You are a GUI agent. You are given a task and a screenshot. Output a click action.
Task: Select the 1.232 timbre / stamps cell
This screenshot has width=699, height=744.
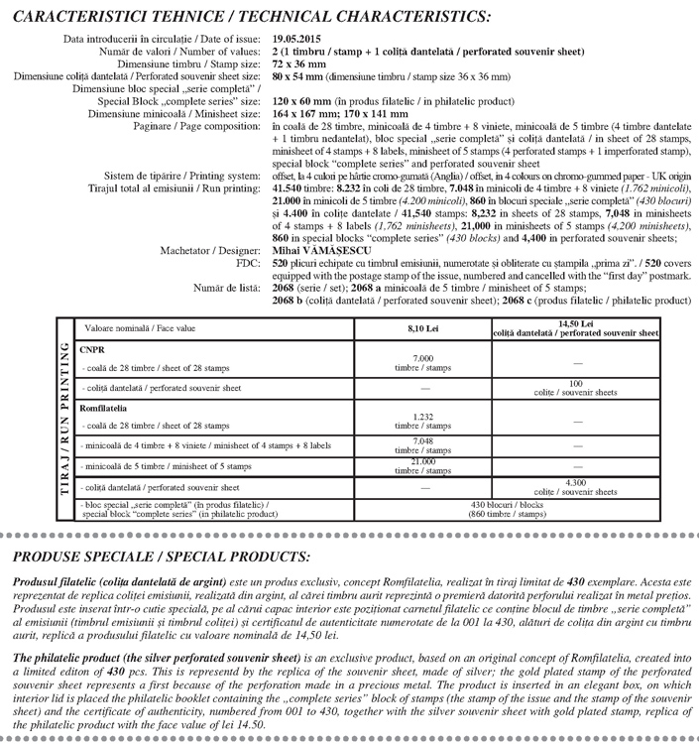click(x=422, y=421)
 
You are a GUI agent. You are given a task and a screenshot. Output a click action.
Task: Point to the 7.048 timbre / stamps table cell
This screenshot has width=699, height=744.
click(x=422, y=442)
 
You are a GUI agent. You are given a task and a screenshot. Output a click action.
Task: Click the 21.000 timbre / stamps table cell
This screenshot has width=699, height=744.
click(x=422, y=465)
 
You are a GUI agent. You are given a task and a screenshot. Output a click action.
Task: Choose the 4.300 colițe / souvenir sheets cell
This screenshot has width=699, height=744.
click(x=575, y=486)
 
